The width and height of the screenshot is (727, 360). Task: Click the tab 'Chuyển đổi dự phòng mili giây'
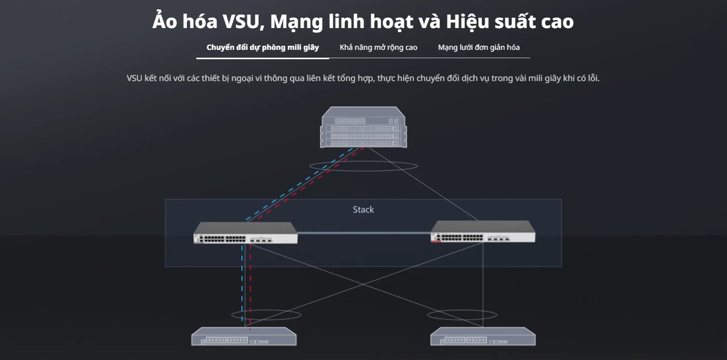[263, 48]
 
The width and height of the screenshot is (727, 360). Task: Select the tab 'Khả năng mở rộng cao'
[379, 48]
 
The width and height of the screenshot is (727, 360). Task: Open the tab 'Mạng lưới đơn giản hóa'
[479, 48]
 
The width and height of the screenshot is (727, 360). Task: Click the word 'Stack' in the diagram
[363, 210]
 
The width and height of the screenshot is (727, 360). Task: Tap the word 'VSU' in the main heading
[241, 22]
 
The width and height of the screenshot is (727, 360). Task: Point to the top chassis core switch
[363, 127]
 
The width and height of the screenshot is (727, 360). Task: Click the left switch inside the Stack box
[245, 233]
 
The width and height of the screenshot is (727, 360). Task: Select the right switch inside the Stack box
[483, 232]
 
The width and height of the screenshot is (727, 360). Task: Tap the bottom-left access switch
[244, 336]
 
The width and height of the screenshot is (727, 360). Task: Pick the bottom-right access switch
[483, 336]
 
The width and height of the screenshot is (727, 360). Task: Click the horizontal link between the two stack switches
[364, 233]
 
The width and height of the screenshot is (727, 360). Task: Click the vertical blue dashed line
[242, 283]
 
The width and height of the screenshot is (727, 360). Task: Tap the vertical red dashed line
[250, 288]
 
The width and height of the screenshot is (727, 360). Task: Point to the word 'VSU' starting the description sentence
[134, 78]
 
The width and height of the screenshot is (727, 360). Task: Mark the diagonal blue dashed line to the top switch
[299, 184]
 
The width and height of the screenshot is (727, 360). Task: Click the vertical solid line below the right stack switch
[483, 285]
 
